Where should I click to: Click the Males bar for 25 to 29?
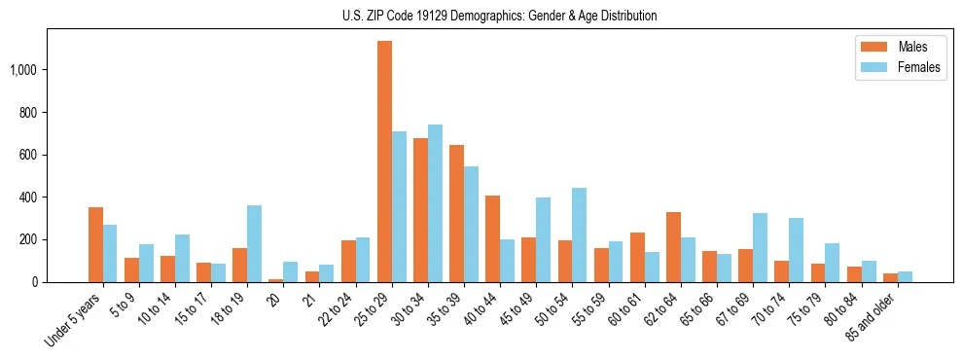[384, 162]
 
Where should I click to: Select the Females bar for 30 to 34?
[435, 203]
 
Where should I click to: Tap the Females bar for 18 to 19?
[254, 243]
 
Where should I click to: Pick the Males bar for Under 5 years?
[95, 244]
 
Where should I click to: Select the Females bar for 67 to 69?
[760, 247]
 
